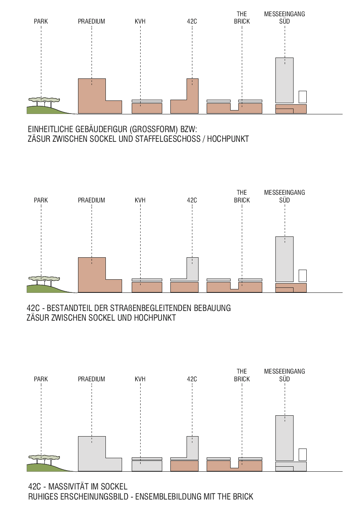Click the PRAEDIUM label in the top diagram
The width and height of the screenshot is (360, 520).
[x=92, y=22]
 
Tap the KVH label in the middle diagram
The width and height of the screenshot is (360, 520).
[x=140, y=200]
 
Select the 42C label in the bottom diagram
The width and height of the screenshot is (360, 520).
[x=192, y=379]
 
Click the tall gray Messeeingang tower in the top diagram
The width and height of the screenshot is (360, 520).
[x=284, y=80]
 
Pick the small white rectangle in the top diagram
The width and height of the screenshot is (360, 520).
[x=302, y=97]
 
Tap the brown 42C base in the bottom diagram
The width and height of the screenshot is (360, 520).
[x=184, y=466]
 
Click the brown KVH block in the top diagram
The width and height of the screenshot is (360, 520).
[x=147, y=108]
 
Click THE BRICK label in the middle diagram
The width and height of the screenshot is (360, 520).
[x=242, y=196]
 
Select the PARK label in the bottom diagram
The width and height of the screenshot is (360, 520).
[x=41, y=379]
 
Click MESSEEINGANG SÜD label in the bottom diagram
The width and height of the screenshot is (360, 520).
[x=285, y=375]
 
